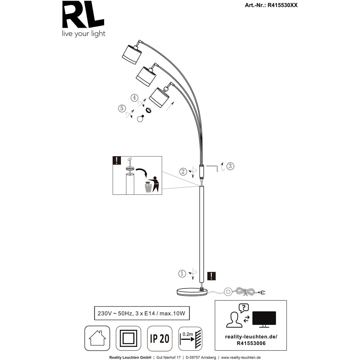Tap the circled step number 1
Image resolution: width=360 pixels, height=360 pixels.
pos(183,274)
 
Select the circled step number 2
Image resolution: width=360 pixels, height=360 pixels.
pos(183,171)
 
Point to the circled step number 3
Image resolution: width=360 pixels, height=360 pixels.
pos(230,166)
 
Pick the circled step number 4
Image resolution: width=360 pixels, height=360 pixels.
pos(134,98)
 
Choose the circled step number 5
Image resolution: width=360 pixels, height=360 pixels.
pos(122,108)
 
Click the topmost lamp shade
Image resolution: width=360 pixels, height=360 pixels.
pos(132,54)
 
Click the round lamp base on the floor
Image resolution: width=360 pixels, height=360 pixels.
pos(192,292)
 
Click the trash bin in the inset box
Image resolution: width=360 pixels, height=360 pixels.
pos(148,187)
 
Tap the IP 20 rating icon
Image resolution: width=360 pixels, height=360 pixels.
pos(159,338)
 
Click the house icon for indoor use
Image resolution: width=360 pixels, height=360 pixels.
pos(97,338)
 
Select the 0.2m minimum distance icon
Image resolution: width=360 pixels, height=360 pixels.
pos(190,338)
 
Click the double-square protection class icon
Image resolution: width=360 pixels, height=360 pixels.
pos(129,338)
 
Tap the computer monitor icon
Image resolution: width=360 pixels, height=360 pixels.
pos(264,319)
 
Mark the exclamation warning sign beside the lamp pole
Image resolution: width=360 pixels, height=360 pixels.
pos(212,276)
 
